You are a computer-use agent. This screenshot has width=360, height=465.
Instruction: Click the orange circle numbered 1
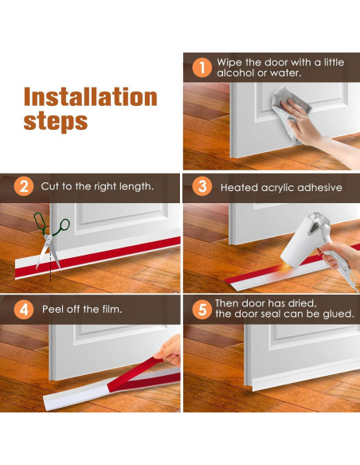(202, 68)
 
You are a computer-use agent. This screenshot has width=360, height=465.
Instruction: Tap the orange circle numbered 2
(24, 186)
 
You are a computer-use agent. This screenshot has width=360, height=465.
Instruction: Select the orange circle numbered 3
(202, 186)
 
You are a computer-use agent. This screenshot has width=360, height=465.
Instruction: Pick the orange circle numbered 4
(24, 309)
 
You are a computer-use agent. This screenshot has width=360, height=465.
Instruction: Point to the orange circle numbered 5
(202, 309)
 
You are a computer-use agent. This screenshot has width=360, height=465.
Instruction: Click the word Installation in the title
(91, 96)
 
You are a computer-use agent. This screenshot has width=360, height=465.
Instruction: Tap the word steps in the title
(56, 122)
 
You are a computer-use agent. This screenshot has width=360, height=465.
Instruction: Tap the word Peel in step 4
(53, 309)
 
